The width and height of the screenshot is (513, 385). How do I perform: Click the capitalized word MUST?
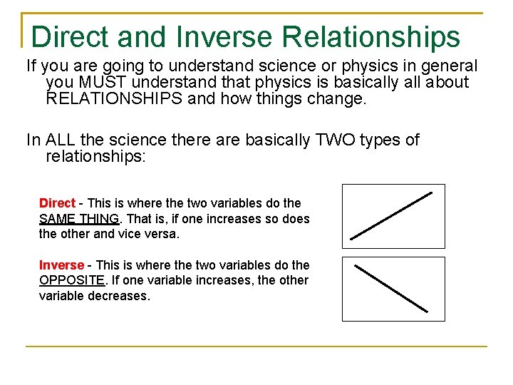pyautogui.click(x=100, y=83)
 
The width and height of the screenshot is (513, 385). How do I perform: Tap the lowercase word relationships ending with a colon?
pyautogui.click(x=95, y=155)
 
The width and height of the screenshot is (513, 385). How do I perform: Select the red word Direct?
pyautogui.click(x=57, y=203)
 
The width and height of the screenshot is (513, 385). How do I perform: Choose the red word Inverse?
pyautogui.click(x=61, y=265)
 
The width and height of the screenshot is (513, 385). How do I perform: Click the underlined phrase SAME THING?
pyautogui.click(x=78, y=219)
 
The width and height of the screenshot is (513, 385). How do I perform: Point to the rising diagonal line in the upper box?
pyautogui.click(x=392, y=215)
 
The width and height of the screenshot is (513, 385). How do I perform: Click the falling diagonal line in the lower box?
pyautogui.click(x=391, y=289)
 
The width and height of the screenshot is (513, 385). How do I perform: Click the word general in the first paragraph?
pyautogui.click(x=450, y=66)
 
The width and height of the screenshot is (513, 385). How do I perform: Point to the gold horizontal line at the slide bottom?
pyautogui.click(x=256, y=346)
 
